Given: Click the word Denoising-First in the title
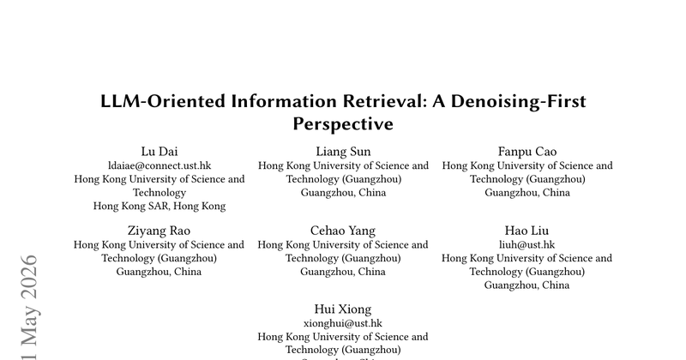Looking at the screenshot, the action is click(x=519, y=101).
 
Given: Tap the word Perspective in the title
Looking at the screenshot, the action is click(x=343, y=123).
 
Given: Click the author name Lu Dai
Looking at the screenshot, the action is click(x=159, y=152).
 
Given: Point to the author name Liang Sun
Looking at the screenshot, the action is click(x=343, y=152).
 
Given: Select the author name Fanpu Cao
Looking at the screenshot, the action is click(x=527, y=152).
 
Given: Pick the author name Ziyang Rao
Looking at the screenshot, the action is click(x=159, y=231).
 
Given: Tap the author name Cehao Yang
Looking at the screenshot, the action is click(x=343, y=231).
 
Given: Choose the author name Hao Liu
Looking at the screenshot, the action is click(x=527, y=231).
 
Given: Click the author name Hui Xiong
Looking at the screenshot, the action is click(x=343, y=309).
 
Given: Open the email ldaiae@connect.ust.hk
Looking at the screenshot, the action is click(x=159, y=165).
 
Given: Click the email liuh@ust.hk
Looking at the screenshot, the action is click(x=527, y=244).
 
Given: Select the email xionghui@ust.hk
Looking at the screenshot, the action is click(x=343, y=323).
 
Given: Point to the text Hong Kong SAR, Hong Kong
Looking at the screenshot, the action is click(x=159, y=206).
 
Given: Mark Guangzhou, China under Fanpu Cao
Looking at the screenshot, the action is click(x=527, y=193).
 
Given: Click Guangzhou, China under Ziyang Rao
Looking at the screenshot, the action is click(x=159, y=272).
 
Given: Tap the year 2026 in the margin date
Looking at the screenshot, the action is click(x=29, y=277).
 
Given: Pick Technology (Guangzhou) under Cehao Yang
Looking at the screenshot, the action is click(x=343, y=258).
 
